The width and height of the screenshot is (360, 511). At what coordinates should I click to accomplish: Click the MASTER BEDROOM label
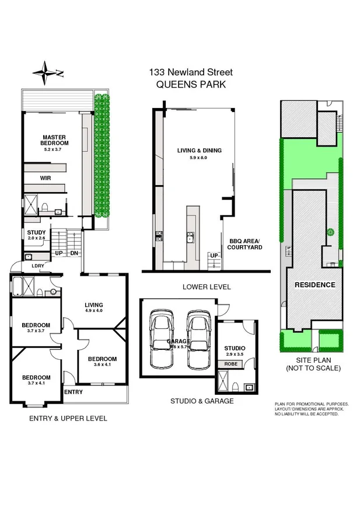[55, 140]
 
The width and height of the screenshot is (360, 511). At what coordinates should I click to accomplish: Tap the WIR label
[46, 178]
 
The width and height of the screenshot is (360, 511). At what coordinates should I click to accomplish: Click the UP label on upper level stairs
[58, 253]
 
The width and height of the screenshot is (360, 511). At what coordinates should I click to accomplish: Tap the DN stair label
[74, 253]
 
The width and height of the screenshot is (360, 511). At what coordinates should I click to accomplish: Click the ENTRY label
[73, 392]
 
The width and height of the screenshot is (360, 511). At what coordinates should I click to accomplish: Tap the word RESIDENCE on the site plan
[314, 285]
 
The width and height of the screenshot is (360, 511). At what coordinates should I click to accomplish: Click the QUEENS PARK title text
[191, 84]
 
